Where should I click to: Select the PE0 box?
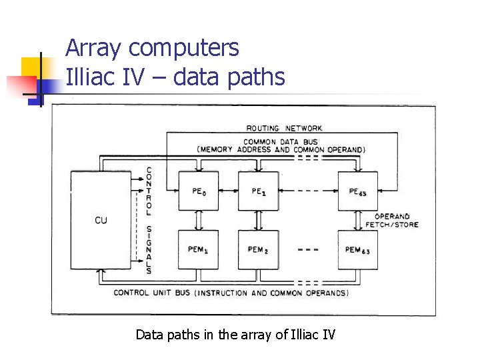tap(199, 191)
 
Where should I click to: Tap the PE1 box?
tap(259, 191)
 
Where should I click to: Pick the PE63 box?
tap(357, 191)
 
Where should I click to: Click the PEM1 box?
tap(199, 249)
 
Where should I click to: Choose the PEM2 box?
tap(259, 249)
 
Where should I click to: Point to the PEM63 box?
tap(357, 249)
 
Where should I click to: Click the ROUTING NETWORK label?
tap(284, 128)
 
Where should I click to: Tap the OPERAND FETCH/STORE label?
tap(391, 221)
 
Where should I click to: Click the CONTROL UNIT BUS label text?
tap(231, 293)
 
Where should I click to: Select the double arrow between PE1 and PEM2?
tap(259, 220)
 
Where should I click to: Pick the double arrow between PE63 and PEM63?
tap(357, 220)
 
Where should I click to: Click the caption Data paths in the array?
tap(235, 334)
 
